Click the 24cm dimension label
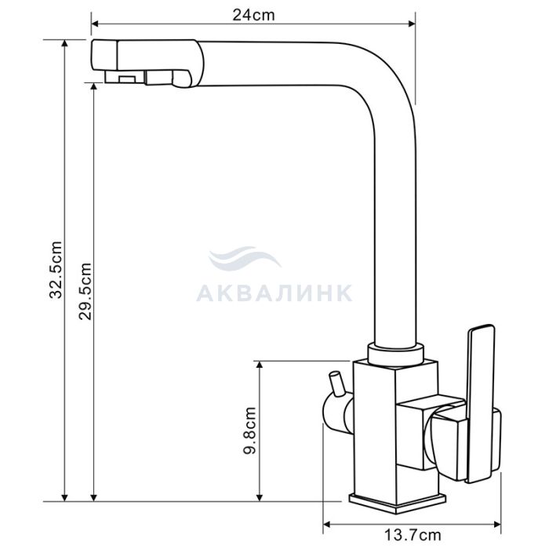[253, 15]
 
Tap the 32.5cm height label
[56, 270]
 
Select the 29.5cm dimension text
[85, 291]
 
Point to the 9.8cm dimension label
[249, 431]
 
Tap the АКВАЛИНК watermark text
[274, 293]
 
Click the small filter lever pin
[336, 384]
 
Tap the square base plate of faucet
[398, 504]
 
